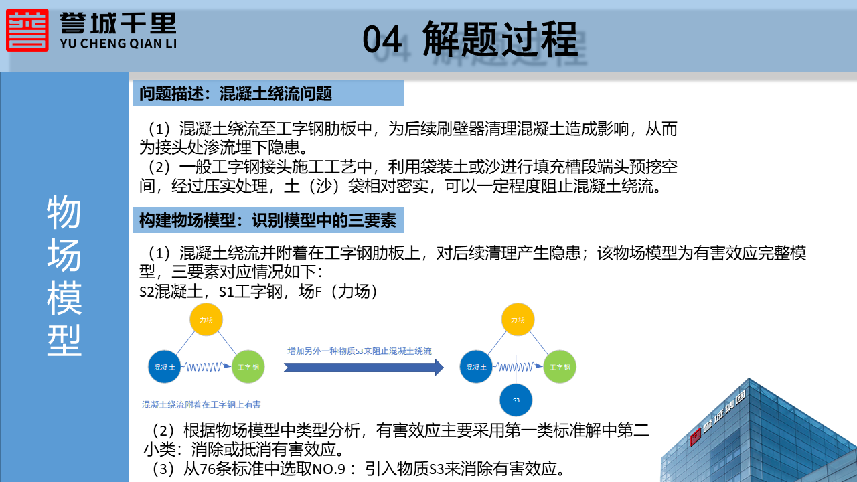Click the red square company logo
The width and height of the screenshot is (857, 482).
[27, 30]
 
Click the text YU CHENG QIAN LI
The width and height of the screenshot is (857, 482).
[119, 44]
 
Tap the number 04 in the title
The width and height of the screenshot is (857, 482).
[382, 39]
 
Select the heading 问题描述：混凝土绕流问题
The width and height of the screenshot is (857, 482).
[235, 94]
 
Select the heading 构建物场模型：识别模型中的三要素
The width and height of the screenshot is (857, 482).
[268, 220]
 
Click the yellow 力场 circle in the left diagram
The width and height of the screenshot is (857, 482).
[206, 319]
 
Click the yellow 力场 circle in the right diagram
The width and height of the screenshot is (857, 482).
[518, 319]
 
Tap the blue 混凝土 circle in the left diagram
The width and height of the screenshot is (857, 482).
[165, 367]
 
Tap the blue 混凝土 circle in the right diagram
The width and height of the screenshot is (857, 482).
[476, 367]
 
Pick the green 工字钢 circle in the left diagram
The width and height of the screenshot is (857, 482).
[248, 367]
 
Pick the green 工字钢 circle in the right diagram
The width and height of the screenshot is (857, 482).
[560, 367]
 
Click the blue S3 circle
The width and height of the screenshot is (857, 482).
[516, 400]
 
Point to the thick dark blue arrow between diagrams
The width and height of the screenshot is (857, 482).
[364, 368]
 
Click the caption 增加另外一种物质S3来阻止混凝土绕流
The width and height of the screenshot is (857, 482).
[360, 351]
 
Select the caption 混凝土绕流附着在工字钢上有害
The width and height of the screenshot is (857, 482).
[202, 405]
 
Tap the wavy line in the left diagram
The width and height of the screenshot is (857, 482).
[206, 367]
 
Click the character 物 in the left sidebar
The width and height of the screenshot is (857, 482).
[64, 212]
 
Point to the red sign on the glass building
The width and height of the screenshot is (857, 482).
[695, 438]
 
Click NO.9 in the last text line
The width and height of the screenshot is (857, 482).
[329, 469]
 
